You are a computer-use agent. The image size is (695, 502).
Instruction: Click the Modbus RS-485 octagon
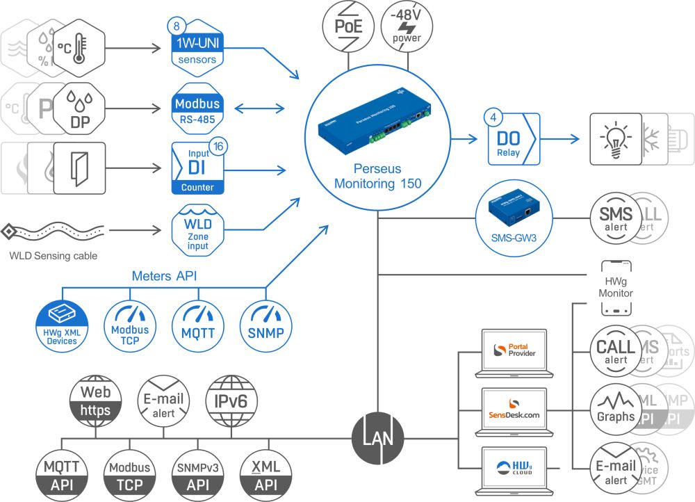[197, 110]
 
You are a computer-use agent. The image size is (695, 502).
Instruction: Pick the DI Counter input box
[197, 168]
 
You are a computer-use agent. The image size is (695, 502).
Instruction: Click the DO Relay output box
[513, 138]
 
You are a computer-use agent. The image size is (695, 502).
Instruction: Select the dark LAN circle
[377, 439]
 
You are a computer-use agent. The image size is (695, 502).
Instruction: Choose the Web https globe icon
[95, 401]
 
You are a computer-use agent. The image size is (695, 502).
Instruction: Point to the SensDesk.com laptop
[514, 414]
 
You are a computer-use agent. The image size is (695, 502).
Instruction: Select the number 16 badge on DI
[218, 147]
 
